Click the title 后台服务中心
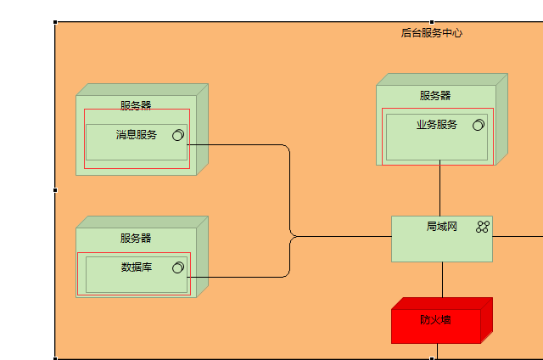tap(432, 33)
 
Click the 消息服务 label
tap(137, 135)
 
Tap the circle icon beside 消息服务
tap(179, 135)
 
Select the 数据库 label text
tap(137, 267)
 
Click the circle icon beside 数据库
tap(178, 267)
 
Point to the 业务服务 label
tap(437, 125)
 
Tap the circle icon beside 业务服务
tap(479, 125)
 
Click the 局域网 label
tap(442, 227)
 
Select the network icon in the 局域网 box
tap(483, 227)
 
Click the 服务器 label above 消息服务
tap(136, 106)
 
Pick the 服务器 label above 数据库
tap(136, 239)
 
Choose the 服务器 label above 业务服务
tap(435, 96)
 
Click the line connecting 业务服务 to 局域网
tap(440, 190)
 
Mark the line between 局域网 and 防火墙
tap(442, 279)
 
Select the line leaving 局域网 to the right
tap(518, 237)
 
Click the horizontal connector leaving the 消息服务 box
tap(238, 144)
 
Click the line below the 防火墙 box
tap(438, 351)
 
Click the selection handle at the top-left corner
tap(55, 23)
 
